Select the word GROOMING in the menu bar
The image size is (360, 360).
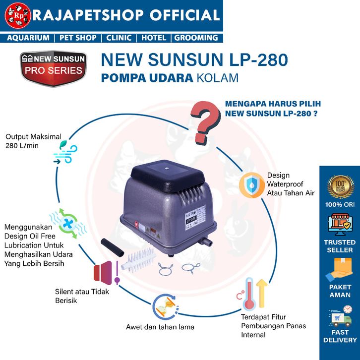tap(196, 38)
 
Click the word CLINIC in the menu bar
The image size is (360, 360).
tap(119, 38)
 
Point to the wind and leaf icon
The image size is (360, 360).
tap(62, 152)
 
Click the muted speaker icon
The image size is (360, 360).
tap(106, 272)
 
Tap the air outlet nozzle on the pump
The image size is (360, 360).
tap(208, 242)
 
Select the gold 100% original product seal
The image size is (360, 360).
tap(340, 187)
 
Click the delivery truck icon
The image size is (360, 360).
tap(340, 317)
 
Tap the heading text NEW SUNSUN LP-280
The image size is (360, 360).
tap(194, 60)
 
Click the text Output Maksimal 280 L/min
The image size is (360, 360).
tap(30, 141)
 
